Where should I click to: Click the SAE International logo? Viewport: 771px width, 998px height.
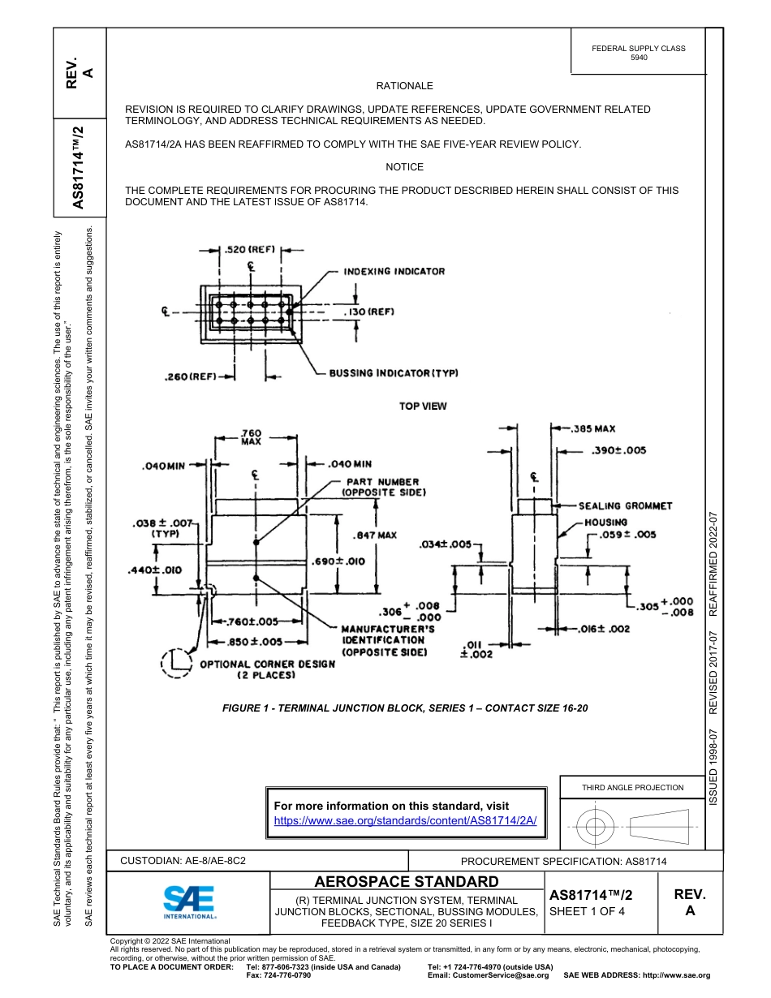[189, 901]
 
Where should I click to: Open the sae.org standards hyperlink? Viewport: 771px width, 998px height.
[406, 820]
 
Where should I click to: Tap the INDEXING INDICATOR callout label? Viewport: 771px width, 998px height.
[394, 271]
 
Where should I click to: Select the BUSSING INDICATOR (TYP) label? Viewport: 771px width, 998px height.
[394, 373]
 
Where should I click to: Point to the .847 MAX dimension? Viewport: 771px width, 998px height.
[375, 536]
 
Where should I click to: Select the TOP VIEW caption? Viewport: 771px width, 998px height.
[422, 406]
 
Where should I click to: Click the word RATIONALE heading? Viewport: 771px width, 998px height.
[404, 86]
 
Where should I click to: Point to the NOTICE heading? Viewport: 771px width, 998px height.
[404, 167]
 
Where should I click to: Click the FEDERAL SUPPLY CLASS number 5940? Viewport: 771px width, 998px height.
[639, 58]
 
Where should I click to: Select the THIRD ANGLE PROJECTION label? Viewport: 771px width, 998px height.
[632, 787]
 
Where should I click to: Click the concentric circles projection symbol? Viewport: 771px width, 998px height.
[596, 828]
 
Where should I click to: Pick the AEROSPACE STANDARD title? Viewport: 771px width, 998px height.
[406, 882]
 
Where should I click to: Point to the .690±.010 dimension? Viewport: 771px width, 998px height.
[338, 561]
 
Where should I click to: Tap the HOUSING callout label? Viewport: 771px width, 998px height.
[605, 523]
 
